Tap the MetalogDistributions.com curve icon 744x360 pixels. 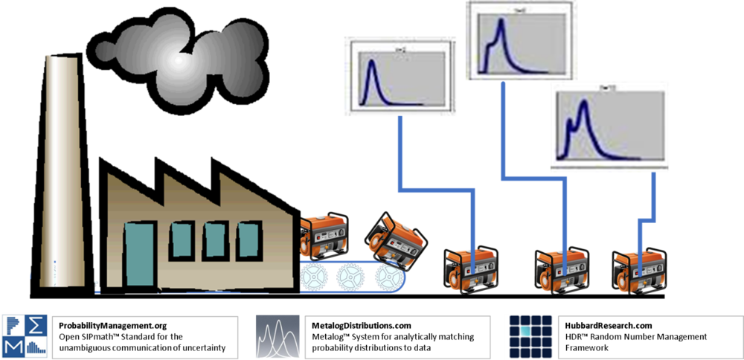(278, 337)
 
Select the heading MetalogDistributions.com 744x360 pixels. (362, 326)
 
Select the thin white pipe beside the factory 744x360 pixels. (95, 253)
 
